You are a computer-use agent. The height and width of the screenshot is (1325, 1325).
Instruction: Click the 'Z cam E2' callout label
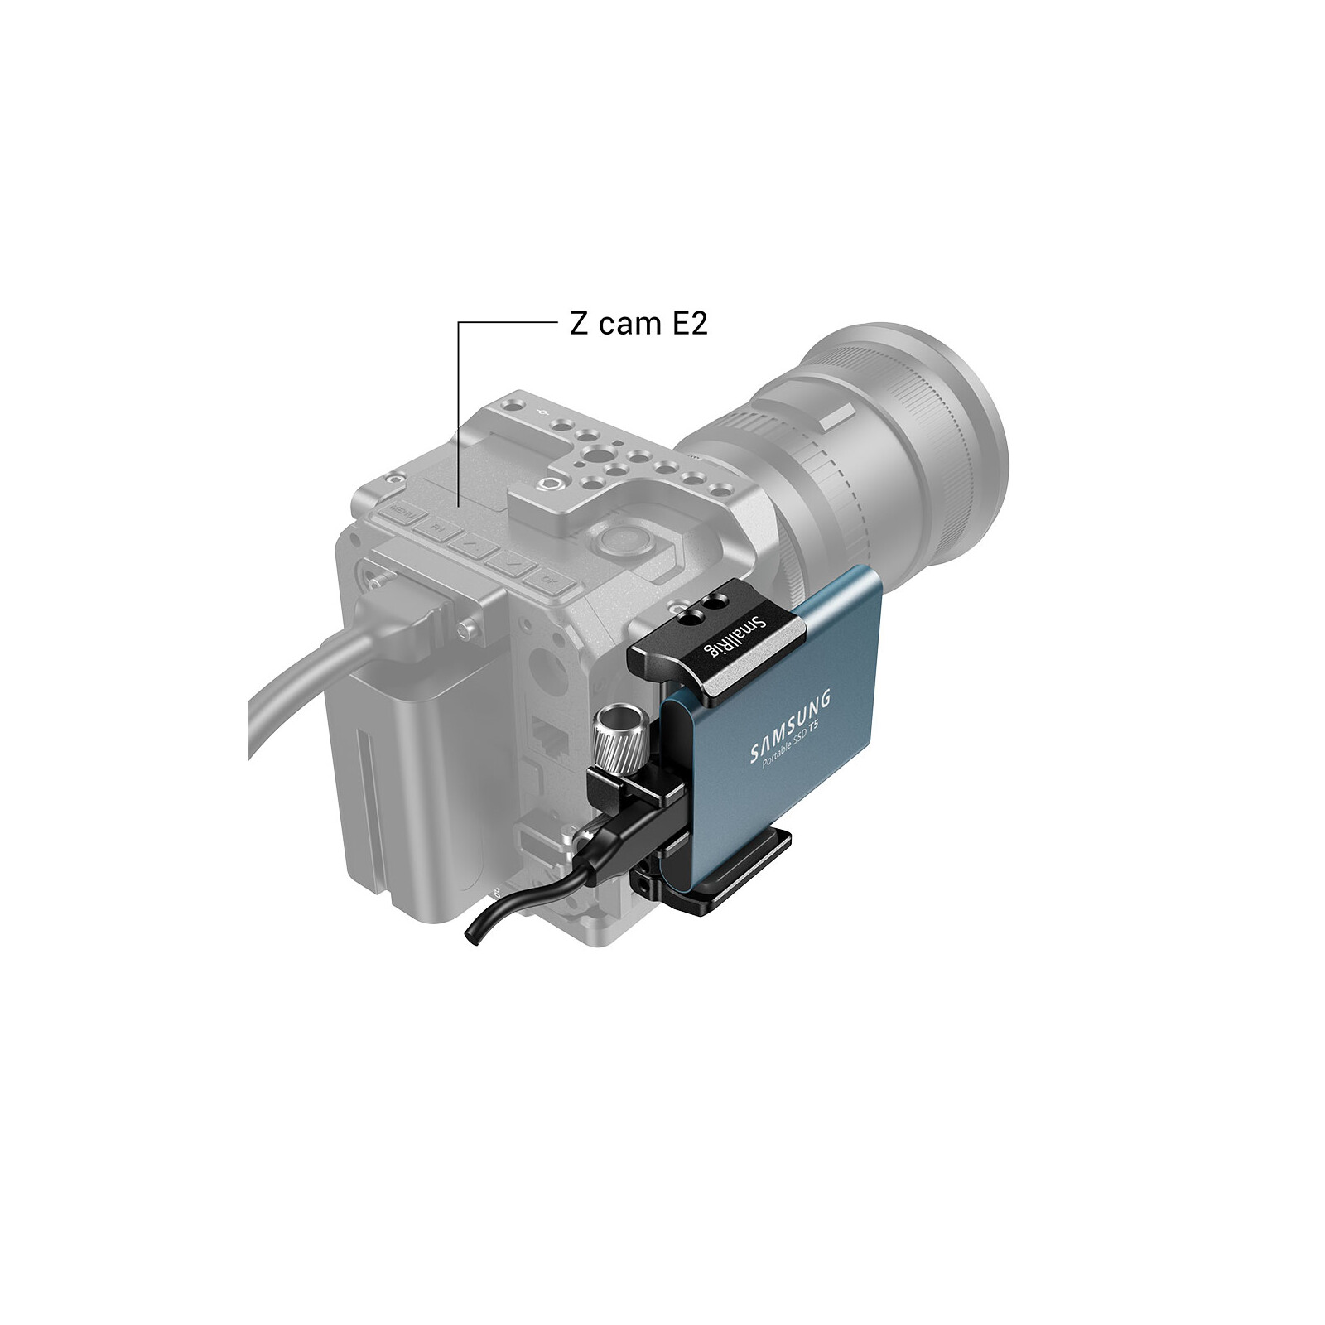(638, 323)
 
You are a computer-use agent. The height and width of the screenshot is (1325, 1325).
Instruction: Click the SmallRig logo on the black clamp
(725, 638)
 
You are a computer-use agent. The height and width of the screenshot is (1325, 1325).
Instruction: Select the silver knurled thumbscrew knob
(614, 735)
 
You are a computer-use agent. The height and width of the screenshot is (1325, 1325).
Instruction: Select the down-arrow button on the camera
(511, 562)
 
